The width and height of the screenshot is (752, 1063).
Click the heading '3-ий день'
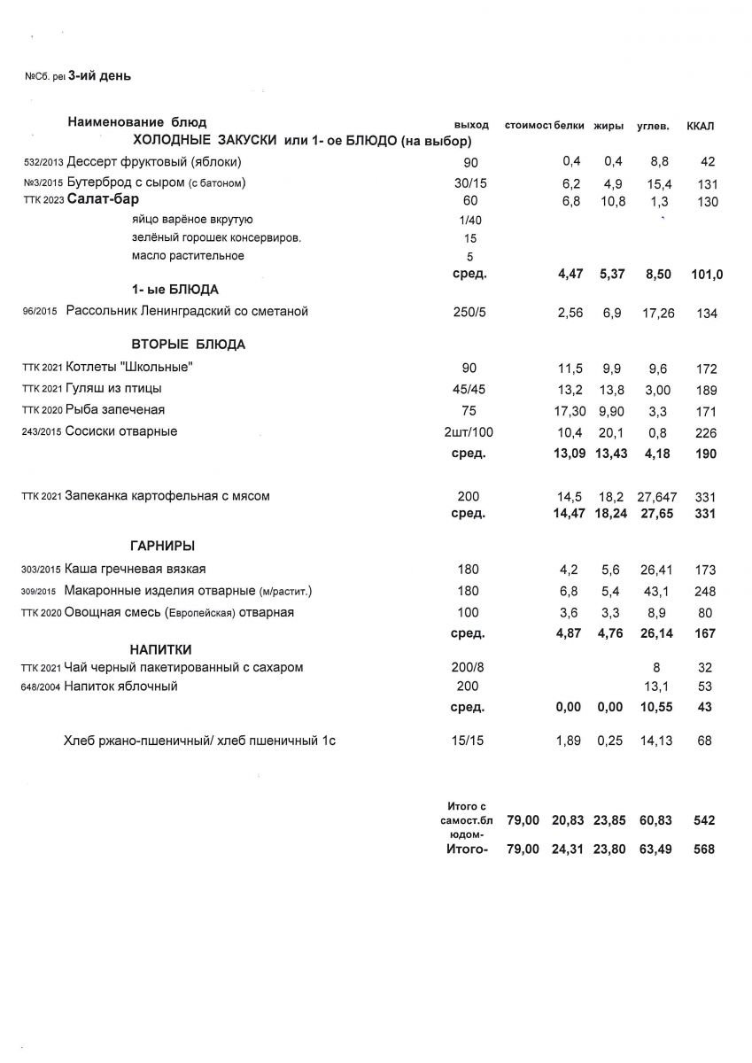pyautogui.click(x=99, y=76)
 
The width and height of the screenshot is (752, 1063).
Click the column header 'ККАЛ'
pyautogui.click(x=701, y=126)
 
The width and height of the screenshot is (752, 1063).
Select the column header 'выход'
pyautogui.click(x=470, y=126)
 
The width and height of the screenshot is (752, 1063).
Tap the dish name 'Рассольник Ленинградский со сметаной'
pyautogui.click(x=187, y=312)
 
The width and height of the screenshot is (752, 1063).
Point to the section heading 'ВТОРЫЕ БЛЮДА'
pyautogui.click(x=188, y=345)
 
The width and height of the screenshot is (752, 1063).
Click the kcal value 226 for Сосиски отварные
pyautogui.click(x=705, y=432)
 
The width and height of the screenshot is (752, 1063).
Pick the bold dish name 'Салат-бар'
pyautogui.click(x=103, y=201)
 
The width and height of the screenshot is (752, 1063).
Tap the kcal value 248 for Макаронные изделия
pyautogui.click(x=705, y=592)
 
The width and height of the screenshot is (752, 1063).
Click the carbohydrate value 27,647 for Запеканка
pyautogui.click(x=656, y=497)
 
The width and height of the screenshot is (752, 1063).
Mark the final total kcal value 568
pyautogui.click(x=705, y=850)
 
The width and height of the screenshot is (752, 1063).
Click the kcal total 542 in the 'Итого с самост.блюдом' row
pyautogui.click(x=705, y=821)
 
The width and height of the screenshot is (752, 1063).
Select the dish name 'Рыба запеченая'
pyautogui.click(x=115, y=410)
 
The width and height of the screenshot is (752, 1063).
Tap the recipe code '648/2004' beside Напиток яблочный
pyautogui.click(x=41, y=687)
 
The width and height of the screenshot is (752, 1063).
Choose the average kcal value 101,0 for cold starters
pyautogui.click(x=707, y=275)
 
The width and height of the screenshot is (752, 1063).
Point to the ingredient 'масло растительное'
pyautogui.click(x=188, y=257)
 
